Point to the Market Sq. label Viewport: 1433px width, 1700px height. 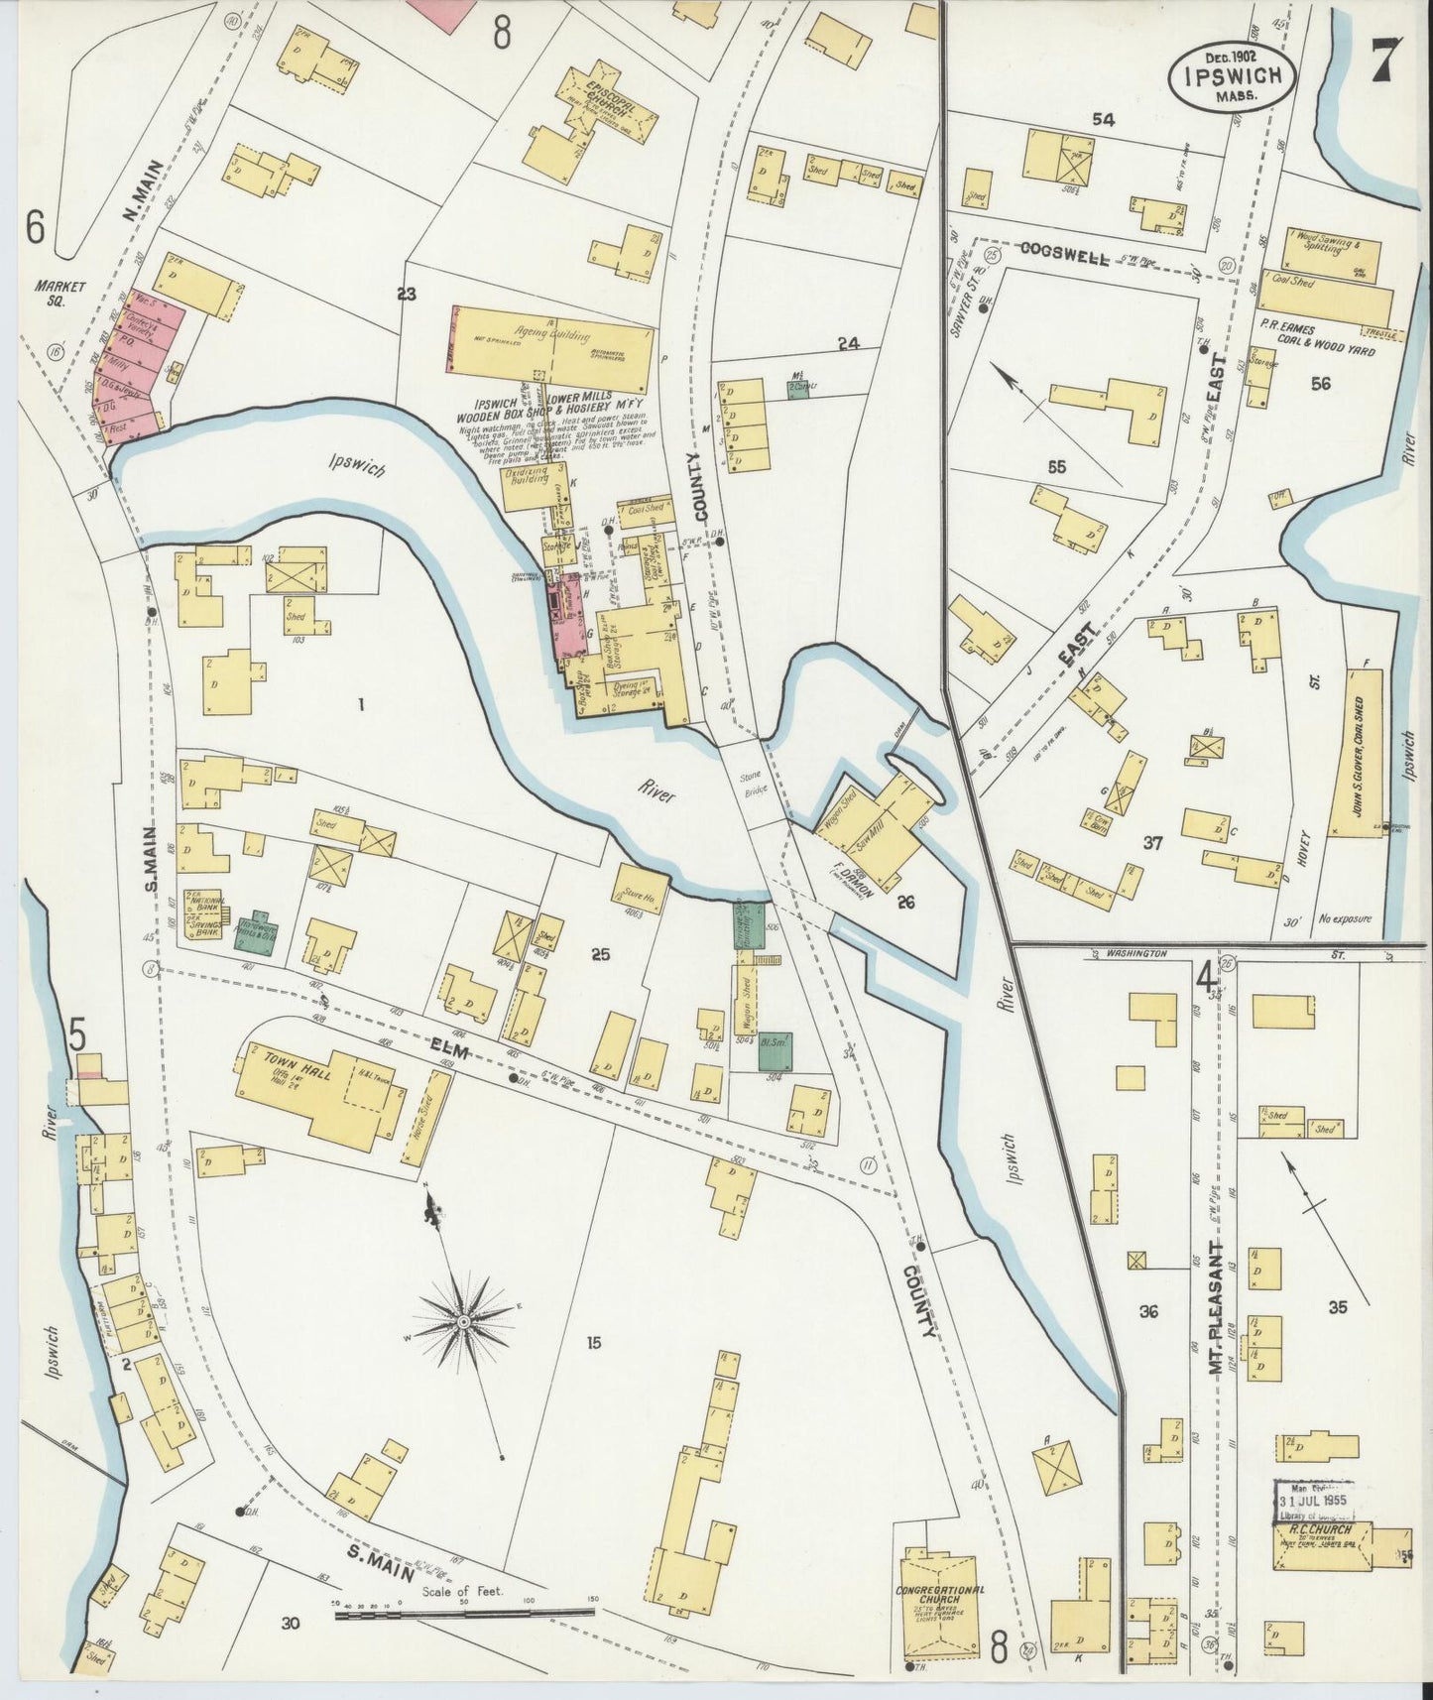pyautogui.click(x=60, y=292)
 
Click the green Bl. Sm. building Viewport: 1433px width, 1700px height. pyautogui.click(x=775, y=1050)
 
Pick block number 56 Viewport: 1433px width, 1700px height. pyautogui.click(x=1320, y=385)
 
